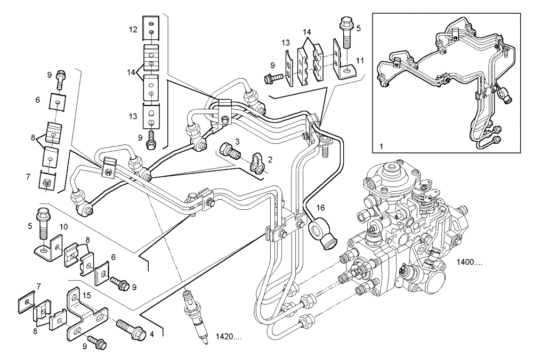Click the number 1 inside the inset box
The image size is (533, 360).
click(x=382, y=145)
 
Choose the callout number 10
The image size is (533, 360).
click(x=63, y=227)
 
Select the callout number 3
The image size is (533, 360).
click(x=238, y=141)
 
